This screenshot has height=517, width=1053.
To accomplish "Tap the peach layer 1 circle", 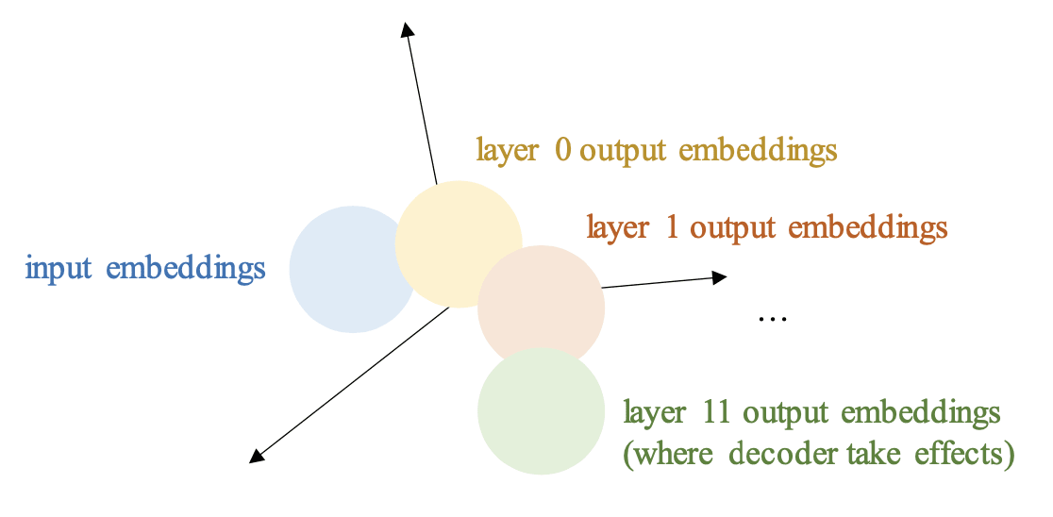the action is click(x=541, y=308).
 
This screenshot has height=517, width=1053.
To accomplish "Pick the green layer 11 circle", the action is click(x=541, y=410).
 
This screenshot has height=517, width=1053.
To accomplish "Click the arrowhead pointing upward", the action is click(x=407, y=30).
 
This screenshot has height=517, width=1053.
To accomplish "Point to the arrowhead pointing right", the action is click(x=719, y=276).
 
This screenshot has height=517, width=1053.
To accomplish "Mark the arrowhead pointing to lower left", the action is click(x=256, y=458).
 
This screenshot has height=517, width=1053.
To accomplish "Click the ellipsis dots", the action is click(x=772, y=319).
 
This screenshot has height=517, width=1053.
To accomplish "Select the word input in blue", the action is click(x=58, y=269).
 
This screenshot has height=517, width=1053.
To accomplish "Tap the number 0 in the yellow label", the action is click(x=563, y=150).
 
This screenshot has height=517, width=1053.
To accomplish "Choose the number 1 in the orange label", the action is click(x=671, y=227).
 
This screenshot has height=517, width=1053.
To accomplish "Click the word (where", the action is click(x=661, y=454).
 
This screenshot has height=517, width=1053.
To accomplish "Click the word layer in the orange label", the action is click(x=618, y=227).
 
